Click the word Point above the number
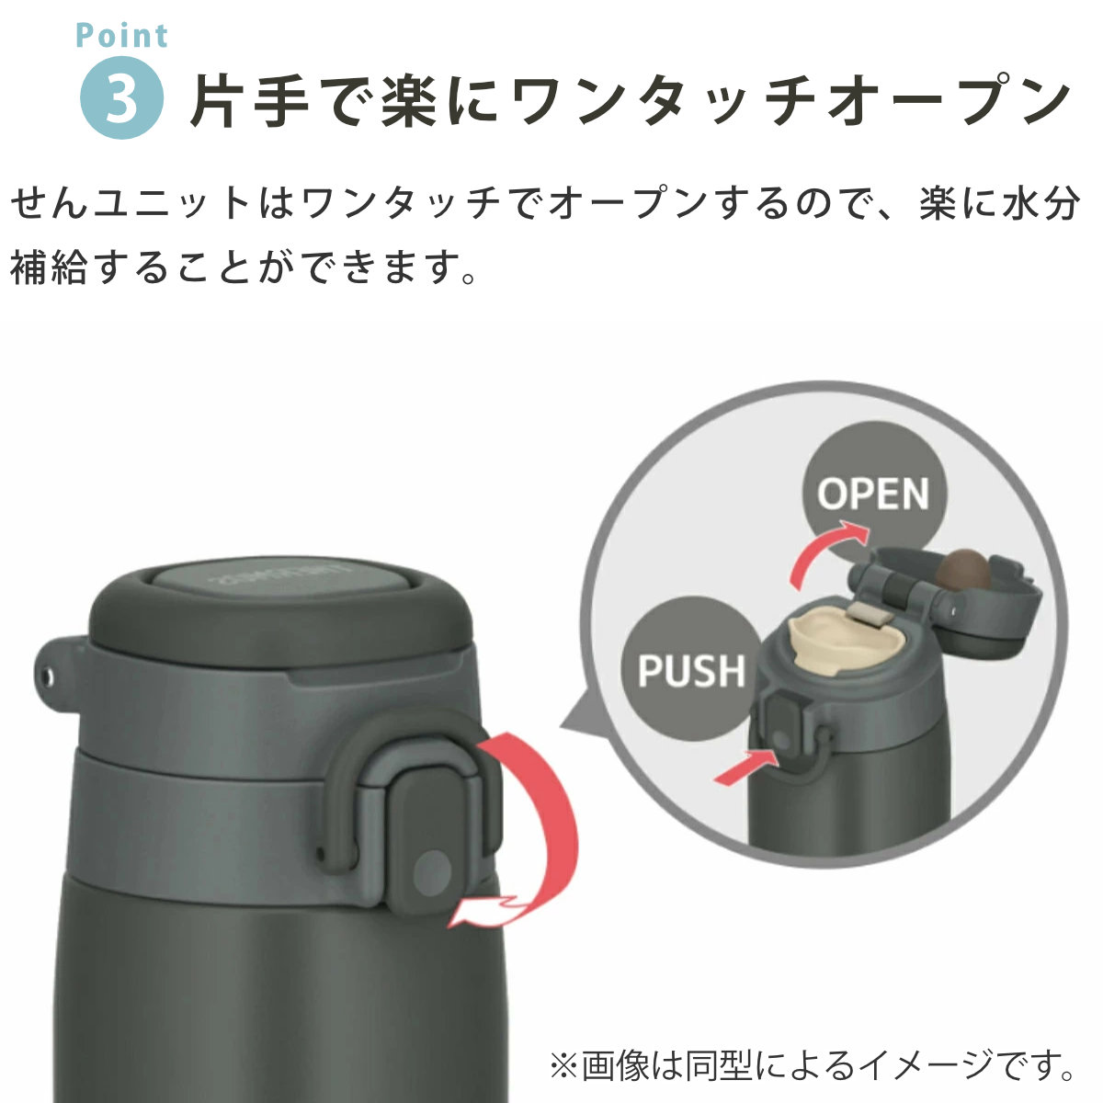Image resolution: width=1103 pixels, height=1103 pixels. tap(122, 36)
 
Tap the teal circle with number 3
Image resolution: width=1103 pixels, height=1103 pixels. tap(121, 97)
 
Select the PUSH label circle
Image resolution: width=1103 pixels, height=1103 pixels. tap(691, 670)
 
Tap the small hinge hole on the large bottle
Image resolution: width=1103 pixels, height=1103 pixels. tap(48, 677)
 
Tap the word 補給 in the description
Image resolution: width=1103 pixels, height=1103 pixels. tap(49, 267)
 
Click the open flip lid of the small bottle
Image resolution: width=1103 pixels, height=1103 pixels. tap(948, 598)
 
